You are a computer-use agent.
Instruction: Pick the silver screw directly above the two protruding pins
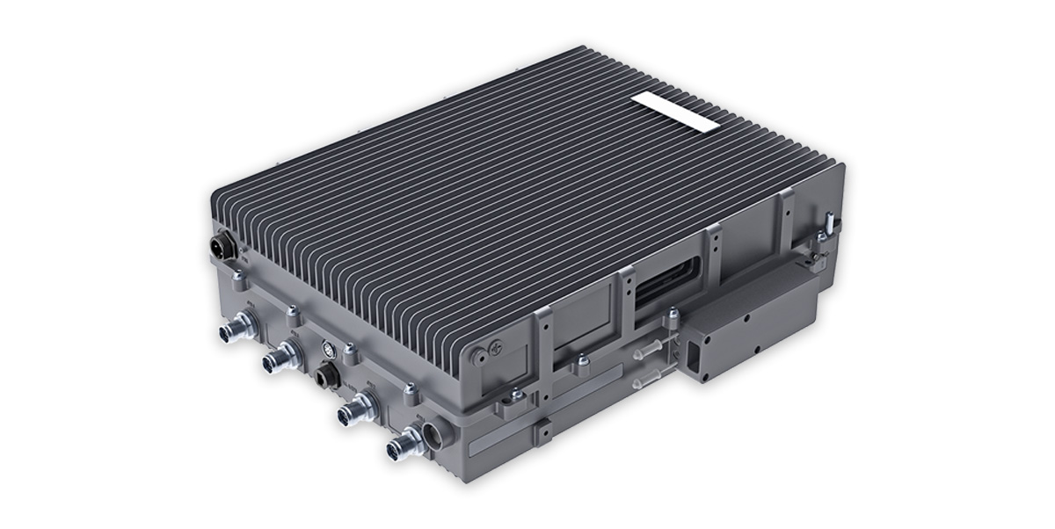coord(673,311)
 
